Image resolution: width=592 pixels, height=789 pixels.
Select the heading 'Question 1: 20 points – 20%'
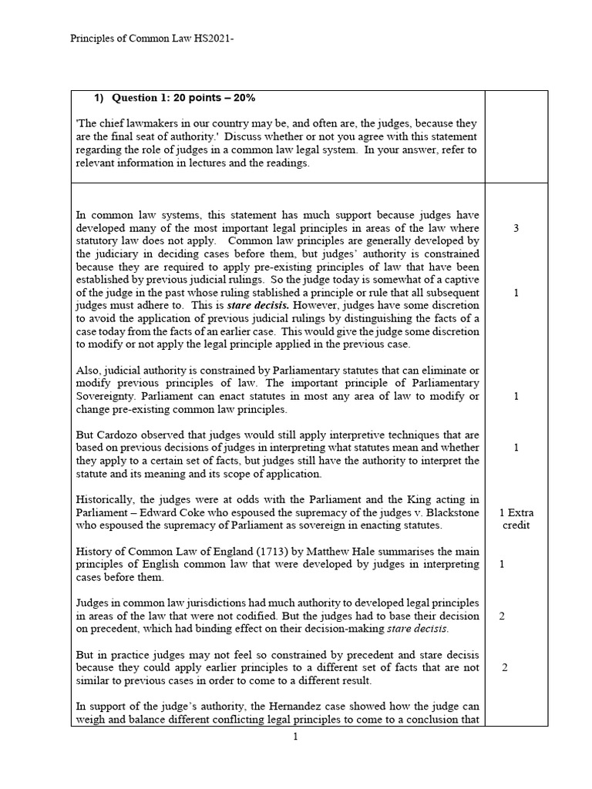click(183, 98)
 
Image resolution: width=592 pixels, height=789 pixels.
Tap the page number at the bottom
click(295, 737)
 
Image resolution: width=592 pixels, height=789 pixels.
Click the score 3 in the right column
click(515, 229)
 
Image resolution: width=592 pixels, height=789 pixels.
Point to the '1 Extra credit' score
click(516, 519)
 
